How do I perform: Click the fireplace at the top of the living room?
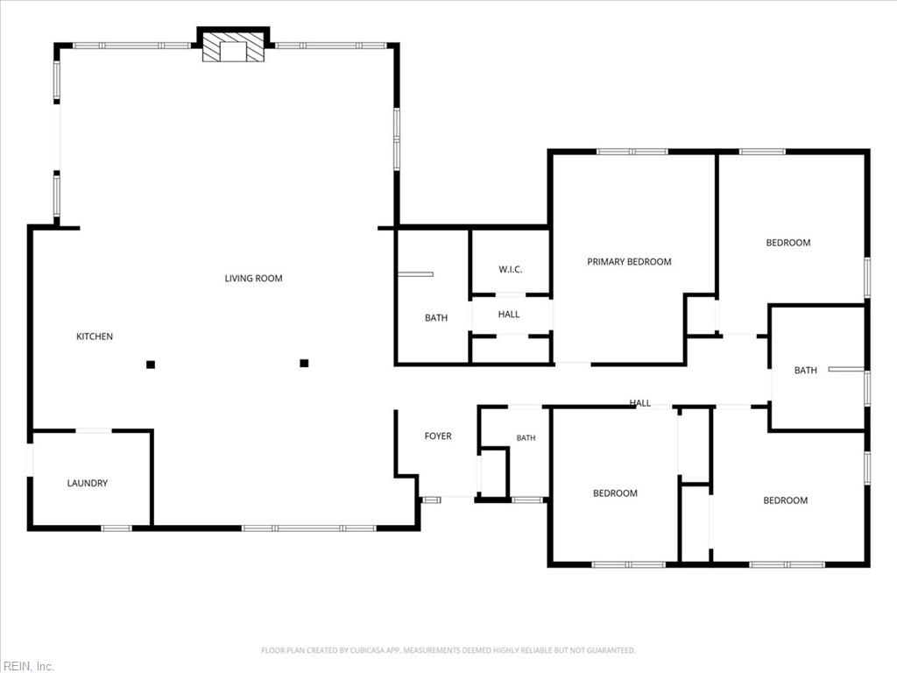click(x=233, y=46)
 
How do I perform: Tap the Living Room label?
click(x=253, y=279)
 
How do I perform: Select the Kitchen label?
click(x=95, y=336)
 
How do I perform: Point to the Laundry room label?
click(x=88, y=483)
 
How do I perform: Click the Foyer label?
click(x=438, y=436)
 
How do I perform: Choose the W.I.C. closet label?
click(x=511, y=270)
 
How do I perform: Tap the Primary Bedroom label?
click(x=629, y=262)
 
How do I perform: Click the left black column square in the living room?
click(x=151, y=365)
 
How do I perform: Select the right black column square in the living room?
click(x=304, y=363)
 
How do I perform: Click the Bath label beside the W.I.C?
click(x=436, y=318)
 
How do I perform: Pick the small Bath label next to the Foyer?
click(x=526, y=438)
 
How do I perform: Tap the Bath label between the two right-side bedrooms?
click(x=806, y=371)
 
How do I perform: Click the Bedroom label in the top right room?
click(x=788, y=243)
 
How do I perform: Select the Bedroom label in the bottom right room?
click(x=786, y=500)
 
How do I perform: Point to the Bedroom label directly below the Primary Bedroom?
click(x=615, y=493)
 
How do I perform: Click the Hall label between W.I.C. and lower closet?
click(x=509, y=315)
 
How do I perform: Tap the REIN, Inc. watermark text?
click(x=27, y=666)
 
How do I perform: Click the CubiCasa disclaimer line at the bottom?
click(x=448, y=650)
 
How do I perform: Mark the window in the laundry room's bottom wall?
click(x=117, y=528)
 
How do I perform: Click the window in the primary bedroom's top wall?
click(x=632, y=152)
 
